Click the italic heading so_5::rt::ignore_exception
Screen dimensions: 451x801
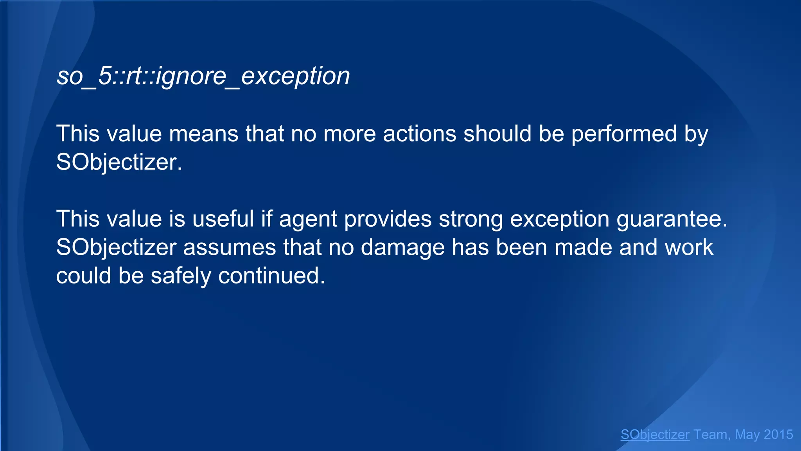(x=203, y=76)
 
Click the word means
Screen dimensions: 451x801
(x=203, y=134)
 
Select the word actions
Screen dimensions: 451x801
(x=419, y=134)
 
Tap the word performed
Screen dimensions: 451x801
(x=624, y=134)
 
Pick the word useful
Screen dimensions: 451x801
(x=223, y=219)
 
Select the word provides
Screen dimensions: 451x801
(x=388, y=219)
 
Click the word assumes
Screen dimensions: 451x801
(x=229, y=248)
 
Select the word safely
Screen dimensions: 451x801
(x=181, y=276)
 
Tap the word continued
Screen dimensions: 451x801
(x=271, y=276)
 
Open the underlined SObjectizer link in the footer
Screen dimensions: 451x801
(x=655, y=435)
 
